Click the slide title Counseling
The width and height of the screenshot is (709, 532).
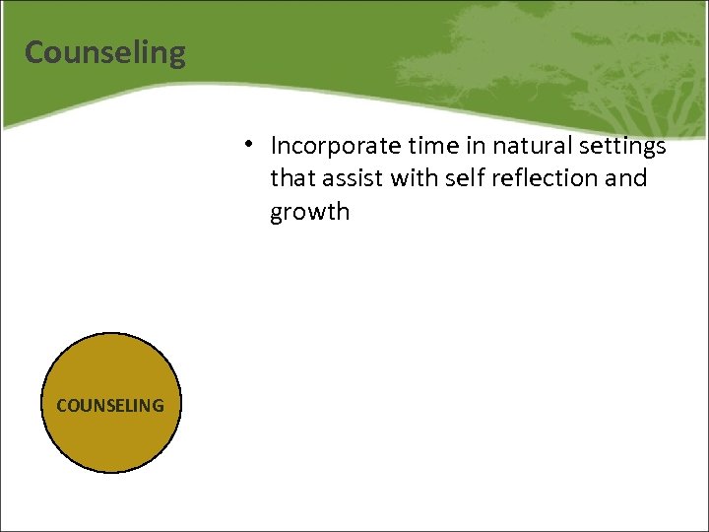pyautogui.click(x=105, y=52)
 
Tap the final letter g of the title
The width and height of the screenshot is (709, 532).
pyautogui.click(x=176, y=55)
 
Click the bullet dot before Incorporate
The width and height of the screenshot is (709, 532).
pyautogui.click(x=252, y=144)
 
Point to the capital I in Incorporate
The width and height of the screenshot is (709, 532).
pyautogui.click(x=275, y=146)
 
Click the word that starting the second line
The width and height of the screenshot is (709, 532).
pyautogui.click(x=293, y=178)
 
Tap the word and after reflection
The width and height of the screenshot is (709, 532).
pyautogui.click(x=627, y=178)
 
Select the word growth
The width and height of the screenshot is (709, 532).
pyautogui.click(x=309, y=213)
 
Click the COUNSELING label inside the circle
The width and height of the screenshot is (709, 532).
pyautogui.click(x=110, y=405)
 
